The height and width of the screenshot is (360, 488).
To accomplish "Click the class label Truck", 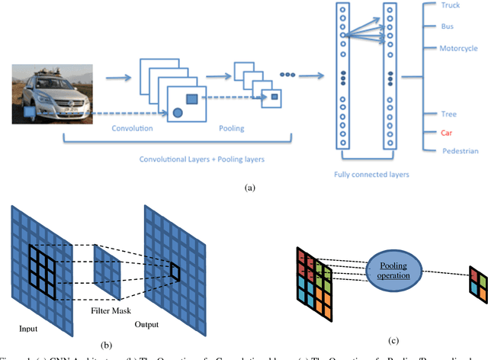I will pyautogui.click(x=451, y=5).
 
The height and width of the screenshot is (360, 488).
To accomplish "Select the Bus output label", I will pyautogui.click(x=448, y=26).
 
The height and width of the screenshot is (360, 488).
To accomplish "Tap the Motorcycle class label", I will pyautogui.click(x=459, y=48).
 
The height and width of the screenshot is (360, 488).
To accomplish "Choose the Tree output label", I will pyautogui.click(x=449, y=114).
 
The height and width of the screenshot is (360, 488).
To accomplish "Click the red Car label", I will pyautogui.click(x=448, y=132).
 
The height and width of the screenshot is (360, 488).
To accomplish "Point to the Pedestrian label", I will pyautogui.click(x=461, y=151).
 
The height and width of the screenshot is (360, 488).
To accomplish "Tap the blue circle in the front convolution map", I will pyautogui.click(x=178, y=113).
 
